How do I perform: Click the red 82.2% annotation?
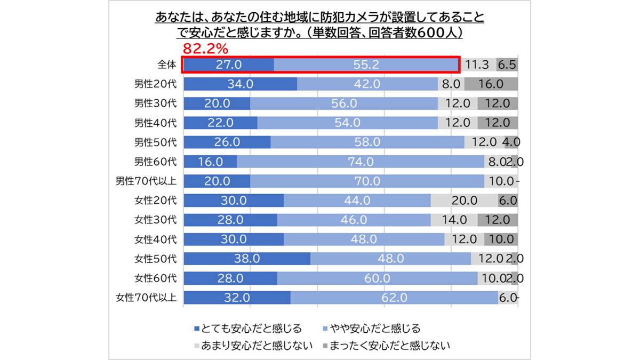tap(205, 49)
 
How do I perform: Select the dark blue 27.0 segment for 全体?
tap(228, 65)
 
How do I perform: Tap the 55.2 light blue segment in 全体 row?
tap(366, 65)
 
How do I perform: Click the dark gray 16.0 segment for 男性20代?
tap(491, 84)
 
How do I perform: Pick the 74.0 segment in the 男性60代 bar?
tap(361, 162)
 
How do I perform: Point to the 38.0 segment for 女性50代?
tap(246, 259)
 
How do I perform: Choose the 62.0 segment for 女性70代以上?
tap(394, 297)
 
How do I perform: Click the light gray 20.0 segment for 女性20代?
tap(464, 201)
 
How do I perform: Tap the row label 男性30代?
tap(155, 103)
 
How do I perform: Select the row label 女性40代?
tap(155, 239)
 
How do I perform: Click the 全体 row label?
tap(166, 65)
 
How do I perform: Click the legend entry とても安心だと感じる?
tap(247, 328)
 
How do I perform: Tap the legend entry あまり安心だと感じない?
tap(253, 345)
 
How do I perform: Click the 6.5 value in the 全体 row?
tap(507, 65)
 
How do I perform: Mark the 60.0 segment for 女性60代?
tap(377, 278)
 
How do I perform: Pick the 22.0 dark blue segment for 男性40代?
tap(220, 123)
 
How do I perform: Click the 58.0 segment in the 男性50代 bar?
tap(367, 142)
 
